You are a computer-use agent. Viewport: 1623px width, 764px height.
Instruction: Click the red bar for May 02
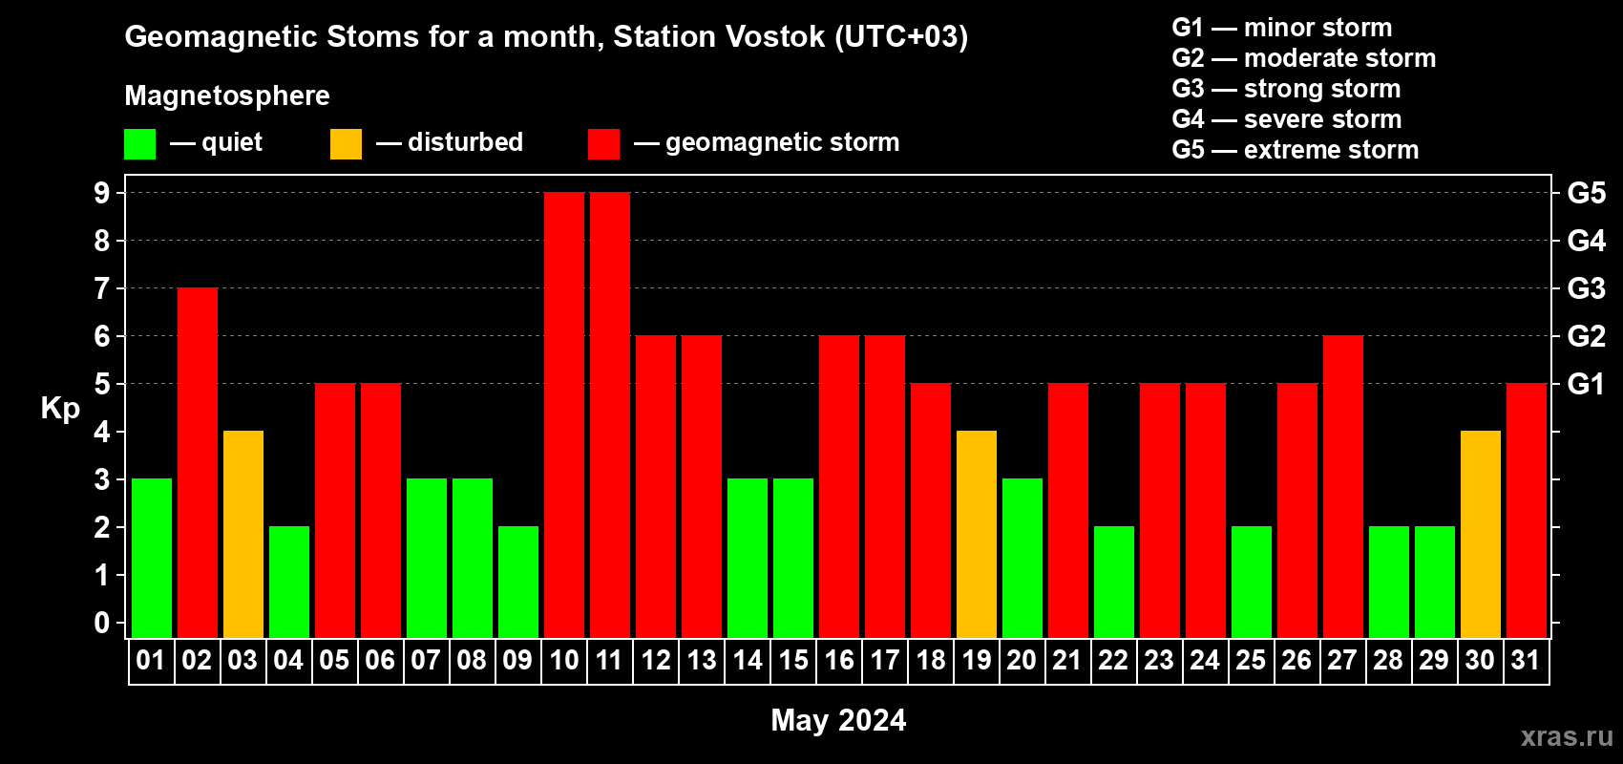pyautogui.click(x=198, y=462)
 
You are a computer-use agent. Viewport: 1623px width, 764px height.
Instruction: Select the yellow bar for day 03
pyautogui.click(x=243, y=534)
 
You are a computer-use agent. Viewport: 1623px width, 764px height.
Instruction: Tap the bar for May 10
pyautogui.click(x=564, y=414)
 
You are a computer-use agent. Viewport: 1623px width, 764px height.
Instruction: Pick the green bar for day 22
pyautogui.click(x=1114, y=582)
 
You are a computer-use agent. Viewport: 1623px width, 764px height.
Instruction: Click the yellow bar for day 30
pyautogui.click(x=1481, y=534)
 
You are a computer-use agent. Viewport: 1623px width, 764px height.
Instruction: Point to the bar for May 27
pyautogui.click(x=1343, y=486)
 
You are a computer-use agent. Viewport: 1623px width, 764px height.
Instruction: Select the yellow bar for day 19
pyautogui.click(x=977, y=534)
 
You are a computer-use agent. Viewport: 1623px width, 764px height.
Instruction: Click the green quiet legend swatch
pyautogui.click(x=139, y=143)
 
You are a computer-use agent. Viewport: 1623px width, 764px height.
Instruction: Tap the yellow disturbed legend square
pyautogui.click(x=346, y=143)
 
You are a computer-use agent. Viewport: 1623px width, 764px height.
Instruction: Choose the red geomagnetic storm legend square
pyautogui.click(x=604, y=143)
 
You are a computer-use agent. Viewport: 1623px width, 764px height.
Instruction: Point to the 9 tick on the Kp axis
pyautogui.click(x=101, y=193)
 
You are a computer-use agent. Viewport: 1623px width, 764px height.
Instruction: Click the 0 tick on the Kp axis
pyautogui.click(x=101, y=623)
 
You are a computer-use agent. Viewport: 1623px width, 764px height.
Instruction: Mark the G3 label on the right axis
pyautogui.click(x=1587, y=288)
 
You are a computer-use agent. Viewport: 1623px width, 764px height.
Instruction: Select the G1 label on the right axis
pyautogui.click(x=1587, y=384)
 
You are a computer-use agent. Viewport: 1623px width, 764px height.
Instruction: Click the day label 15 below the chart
pyautogui.click(x=793, y=660)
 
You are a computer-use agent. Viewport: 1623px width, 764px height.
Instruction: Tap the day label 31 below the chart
pyautogui.click(x=1526, y=660)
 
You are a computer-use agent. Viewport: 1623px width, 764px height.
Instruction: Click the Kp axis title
pyautogui.click(x=60, y=409)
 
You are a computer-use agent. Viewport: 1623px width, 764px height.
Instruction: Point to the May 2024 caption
pyautogui.click(x=838, y=720)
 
